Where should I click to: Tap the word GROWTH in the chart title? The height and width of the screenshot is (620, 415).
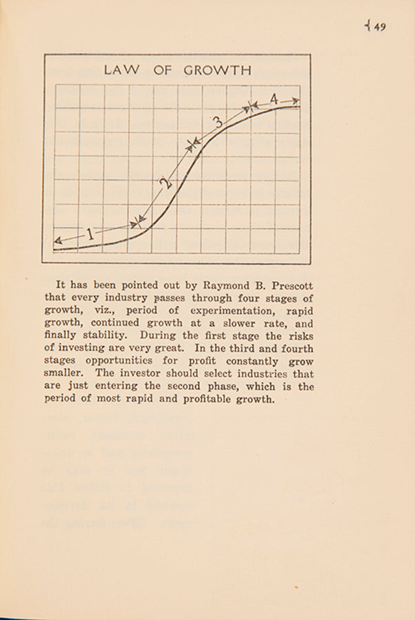point(217,70)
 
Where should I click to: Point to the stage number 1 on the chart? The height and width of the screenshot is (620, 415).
point(90,235)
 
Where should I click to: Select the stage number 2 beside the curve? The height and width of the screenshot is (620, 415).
point(164,183)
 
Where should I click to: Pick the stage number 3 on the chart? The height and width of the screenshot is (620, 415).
point(218,123)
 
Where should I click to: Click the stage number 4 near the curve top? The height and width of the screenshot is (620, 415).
point(274,100)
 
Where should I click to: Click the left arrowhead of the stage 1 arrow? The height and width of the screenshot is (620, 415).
point(57,240)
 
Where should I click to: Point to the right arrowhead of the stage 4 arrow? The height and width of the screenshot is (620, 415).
point(296,101)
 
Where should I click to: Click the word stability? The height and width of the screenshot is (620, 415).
point(112,336)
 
